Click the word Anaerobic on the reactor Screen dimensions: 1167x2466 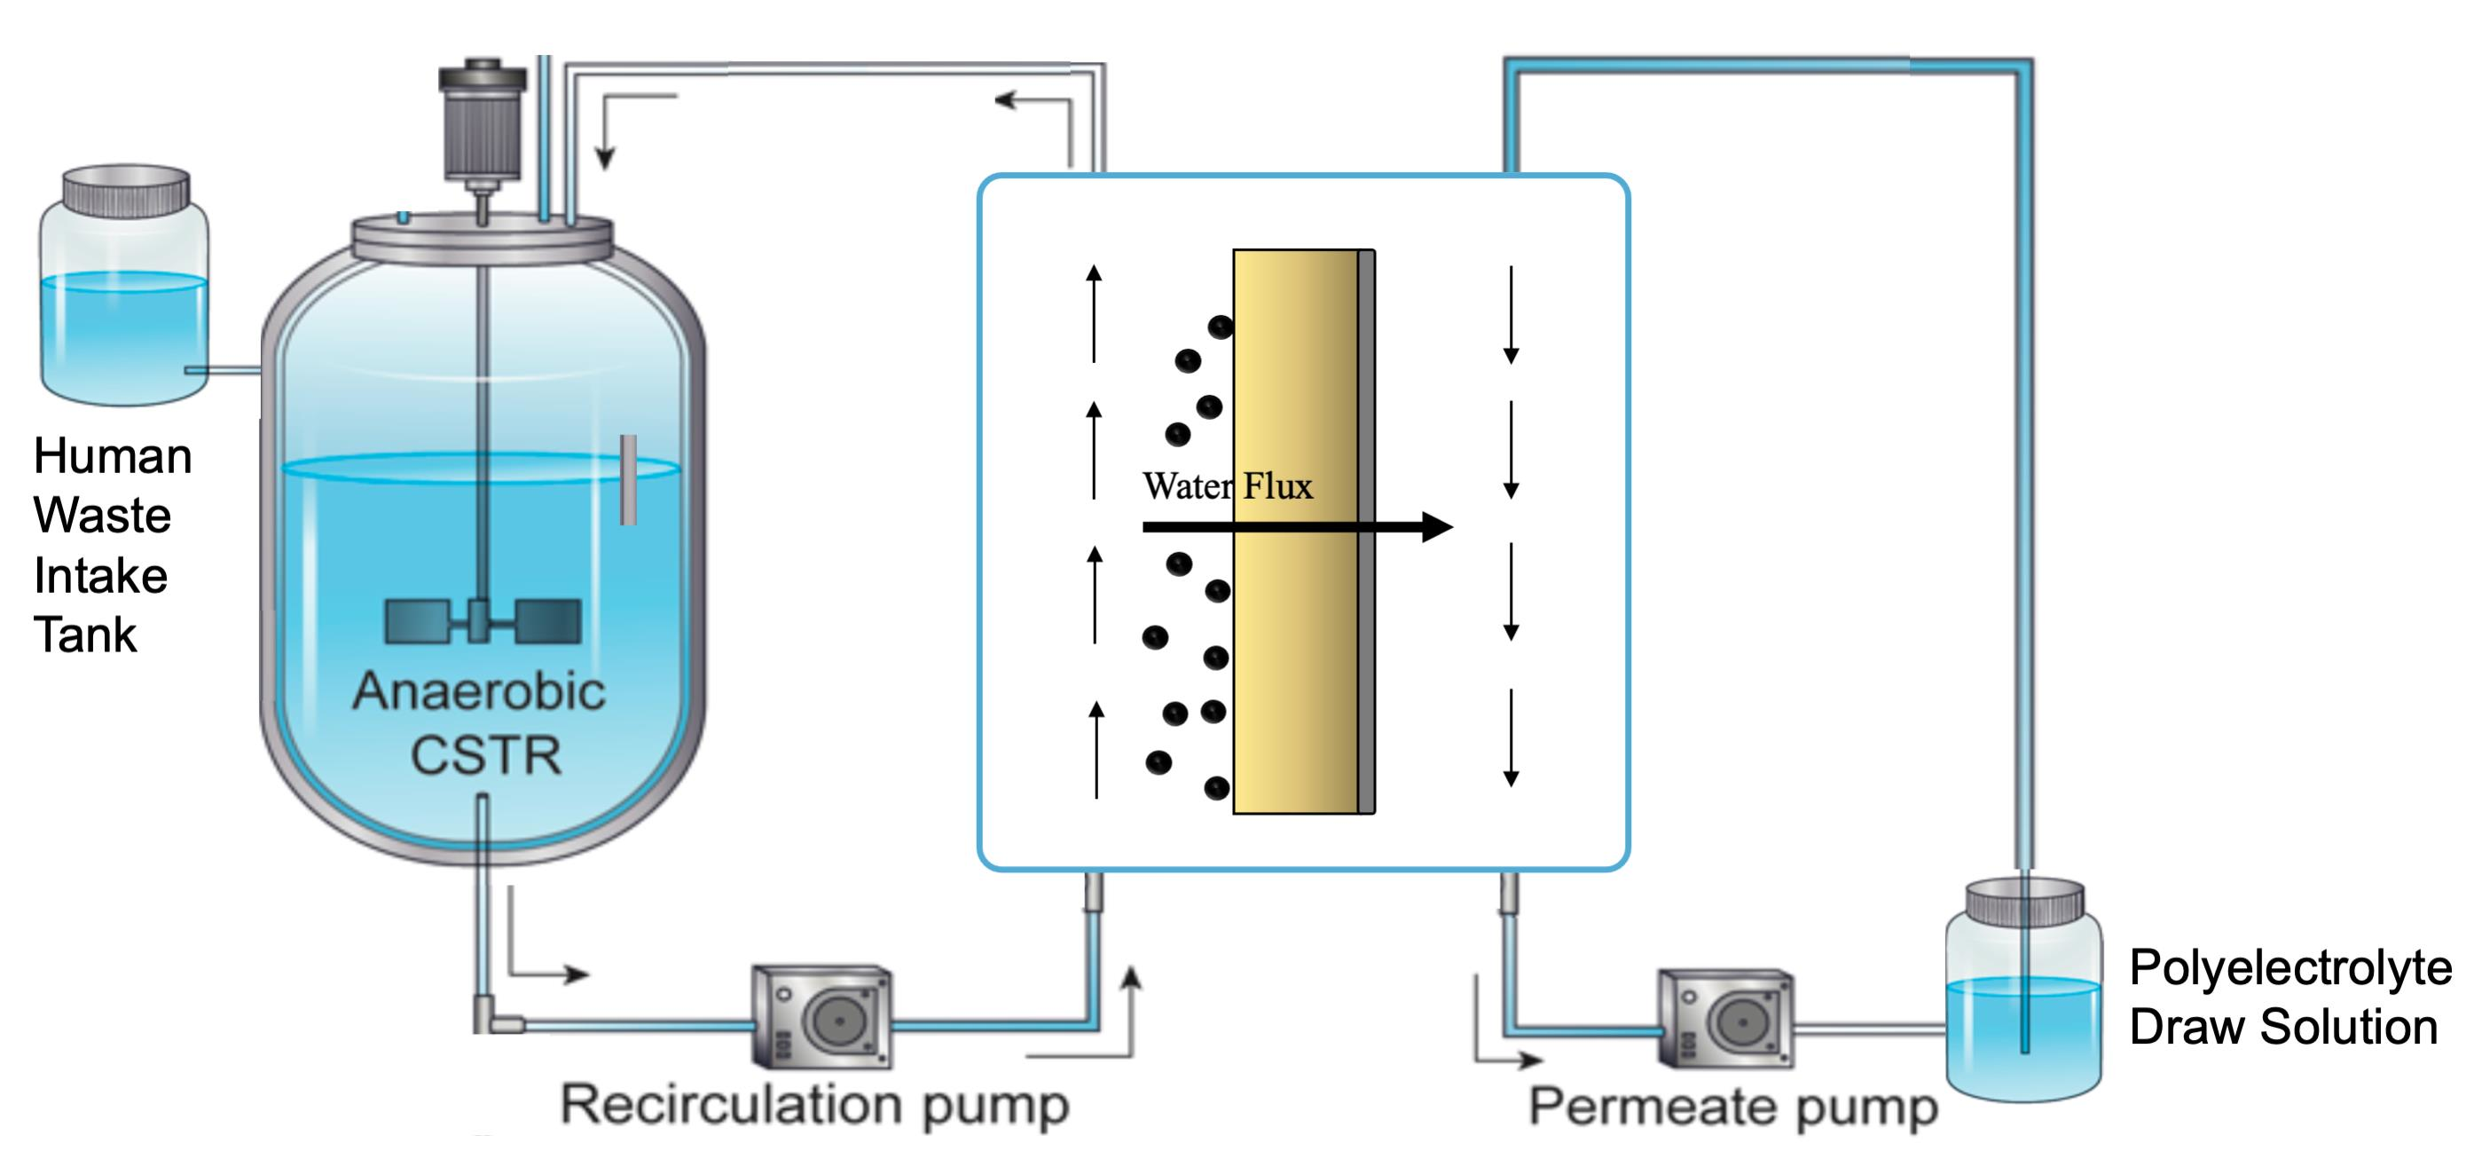pos(479,691)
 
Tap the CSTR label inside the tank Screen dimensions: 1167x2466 pos(485,755)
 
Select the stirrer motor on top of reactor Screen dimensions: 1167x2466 pos(483,120)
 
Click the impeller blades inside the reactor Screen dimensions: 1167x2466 pos(483,621)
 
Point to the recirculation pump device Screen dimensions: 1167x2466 pos(821,1017)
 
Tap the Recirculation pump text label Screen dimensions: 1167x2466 pos(813,1106)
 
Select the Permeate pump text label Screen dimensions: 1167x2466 pos(1732,1108)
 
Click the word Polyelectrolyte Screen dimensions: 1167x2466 pos(2289,967)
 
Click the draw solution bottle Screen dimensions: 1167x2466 pos(2023,996)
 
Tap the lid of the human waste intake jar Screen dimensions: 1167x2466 pos(125,190)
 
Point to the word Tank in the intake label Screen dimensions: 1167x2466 pos(85,635)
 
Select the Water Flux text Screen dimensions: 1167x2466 pos(1228,486)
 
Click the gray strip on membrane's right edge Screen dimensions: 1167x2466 pos(1366,532)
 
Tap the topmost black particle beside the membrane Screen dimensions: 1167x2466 pos(1220,327)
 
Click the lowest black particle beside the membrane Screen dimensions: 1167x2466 pos(1216,788)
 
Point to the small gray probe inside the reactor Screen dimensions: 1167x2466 pos(628,478)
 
